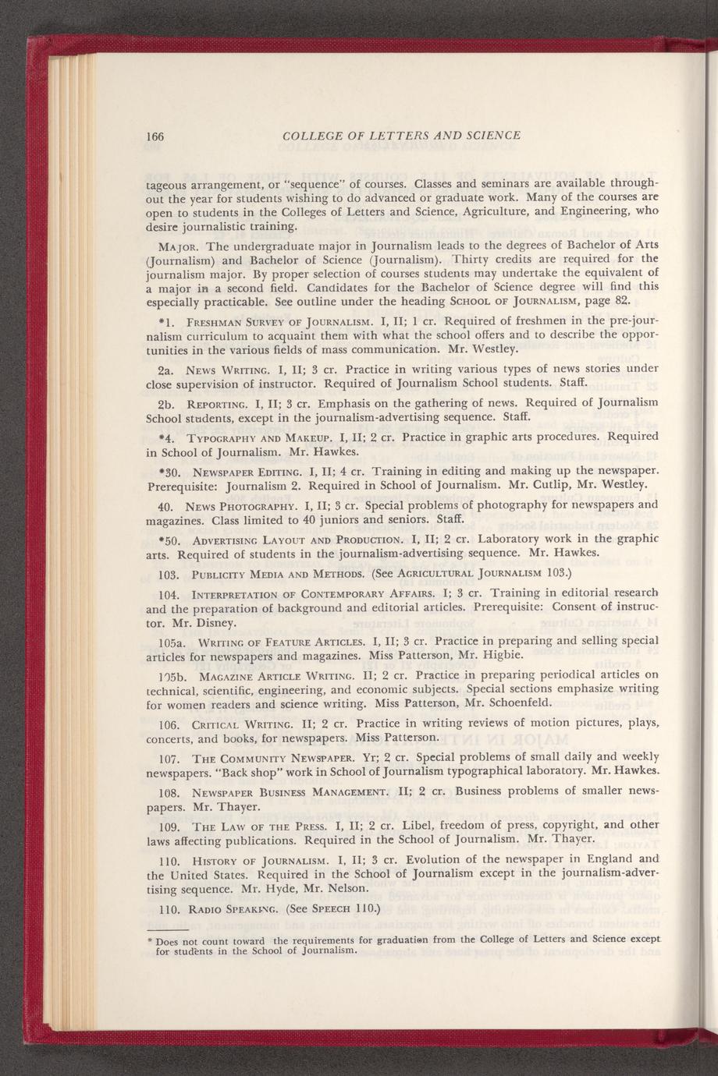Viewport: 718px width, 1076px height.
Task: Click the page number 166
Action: point(155,136)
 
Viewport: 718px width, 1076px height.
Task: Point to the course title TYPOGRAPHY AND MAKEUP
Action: point(248,437)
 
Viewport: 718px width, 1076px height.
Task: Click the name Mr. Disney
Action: point(208,623)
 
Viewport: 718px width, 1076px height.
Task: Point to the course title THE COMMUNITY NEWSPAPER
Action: point(264,757)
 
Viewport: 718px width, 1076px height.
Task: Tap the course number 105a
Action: point(160,642)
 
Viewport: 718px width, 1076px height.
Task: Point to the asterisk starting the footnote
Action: point(150,942)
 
